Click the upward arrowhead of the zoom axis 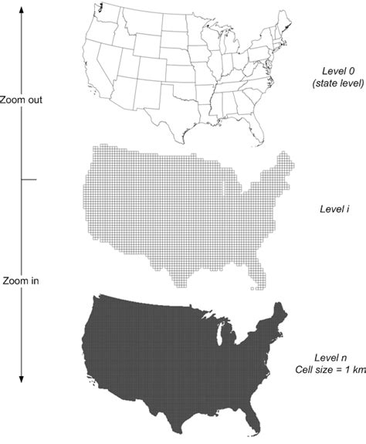click(22, 7)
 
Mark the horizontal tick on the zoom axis click(29, 180)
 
